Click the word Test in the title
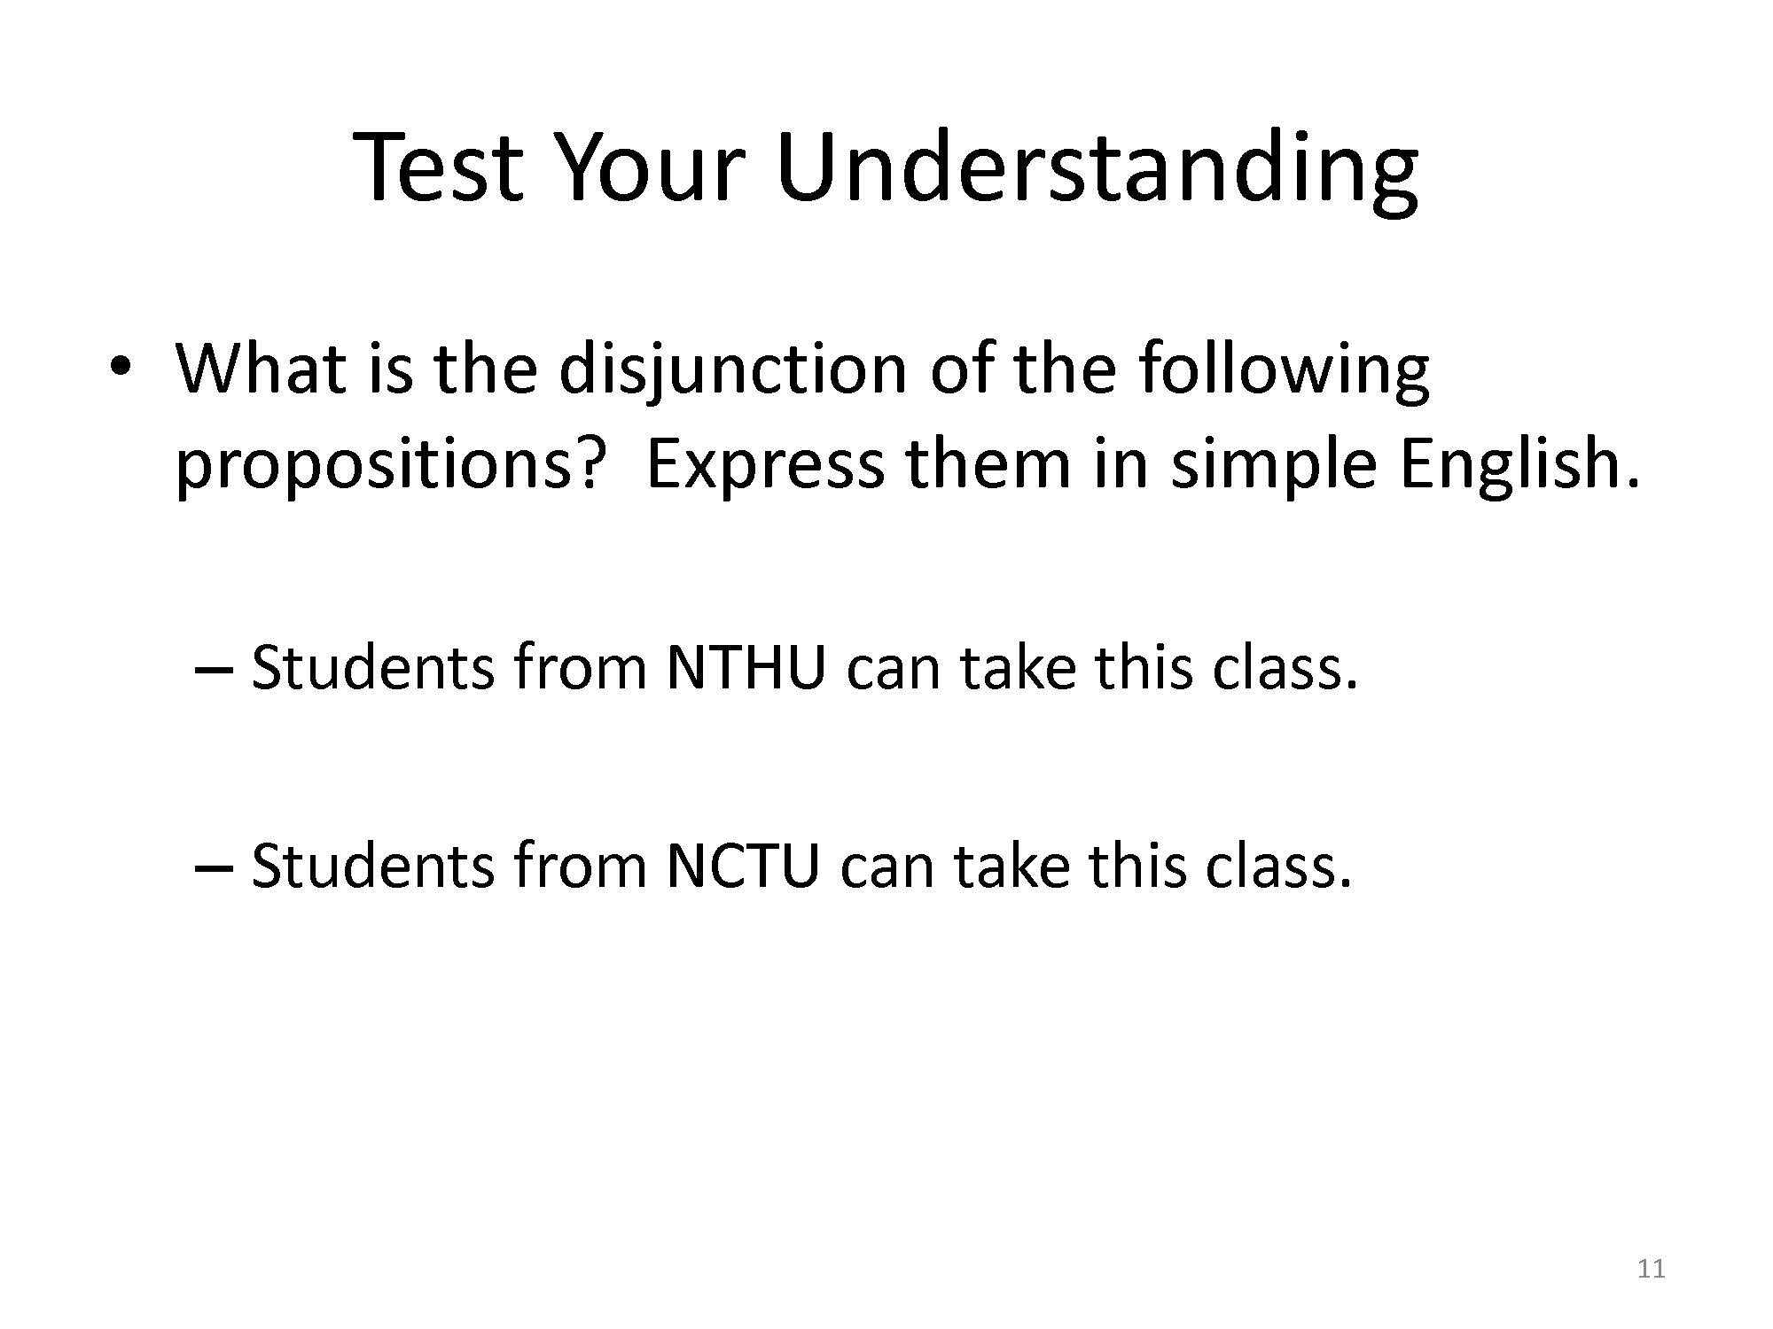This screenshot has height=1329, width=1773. [x=439, y=166]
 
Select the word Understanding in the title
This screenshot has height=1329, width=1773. [x=1097, y=173]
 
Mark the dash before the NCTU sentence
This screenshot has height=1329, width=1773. [x=213, y=870]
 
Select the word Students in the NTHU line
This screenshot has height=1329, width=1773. [x=373, y=668]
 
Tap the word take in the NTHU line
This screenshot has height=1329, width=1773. [x=1017, y=668]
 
